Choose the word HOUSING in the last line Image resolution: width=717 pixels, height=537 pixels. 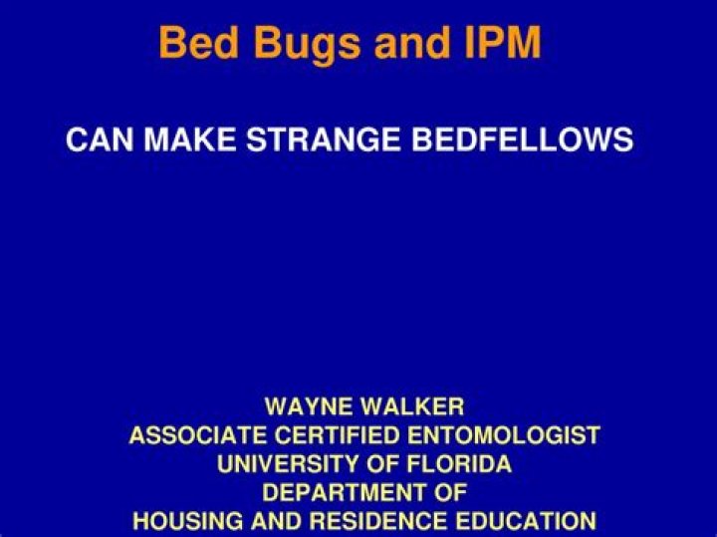[x=180, y=520]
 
